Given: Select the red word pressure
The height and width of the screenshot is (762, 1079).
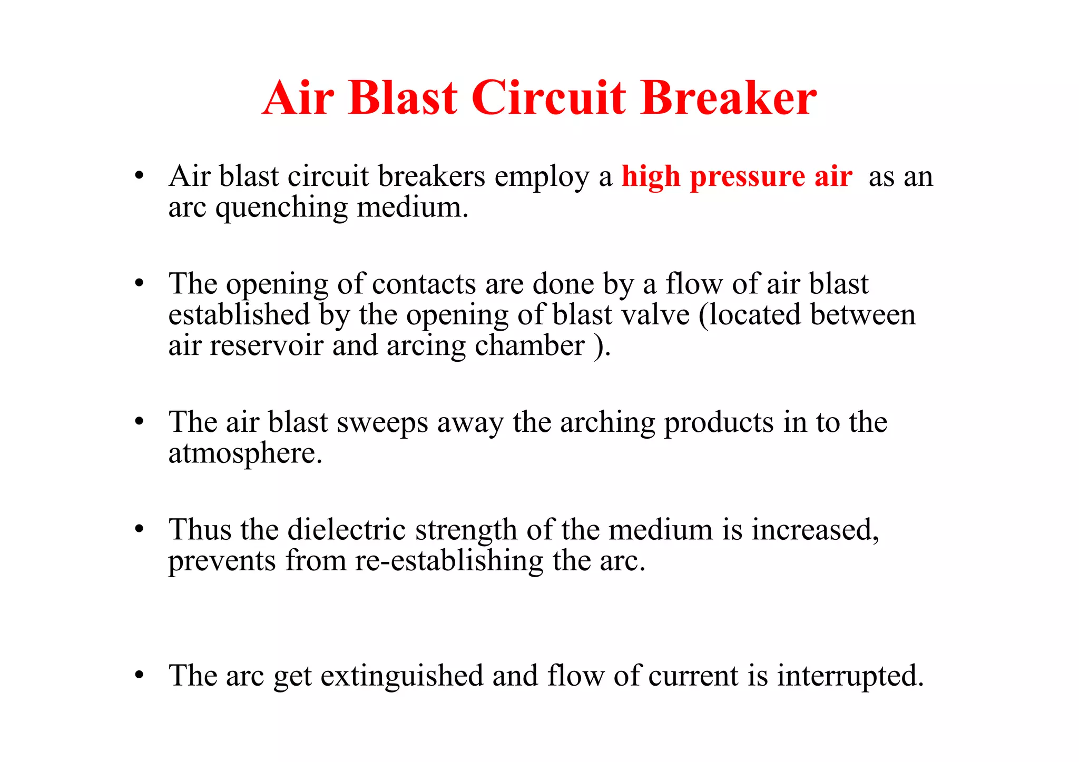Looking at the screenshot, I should (x=747, y=177).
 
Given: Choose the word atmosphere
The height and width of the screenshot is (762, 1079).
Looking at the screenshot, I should (x=245, y=454).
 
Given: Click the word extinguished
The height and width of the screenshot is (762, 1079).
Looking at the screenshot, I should (x=401, y=676).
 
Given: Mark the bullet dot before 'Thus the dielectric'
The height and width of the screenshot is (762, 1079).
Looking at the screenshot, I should (x=139, y=529).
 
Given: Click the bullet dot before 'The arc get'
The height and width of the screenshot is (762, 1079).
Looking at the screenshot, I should (x=139, y=675).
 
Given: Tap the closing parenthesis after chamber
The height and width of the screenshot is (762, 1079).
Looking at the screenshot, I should (x=599, y=347).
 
